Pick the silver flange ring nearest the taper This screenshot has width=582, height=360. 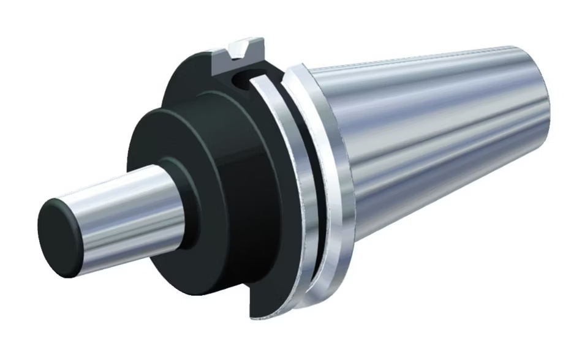(325, 184)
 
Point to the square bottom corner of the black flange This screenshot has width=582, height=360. (252, 315)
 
